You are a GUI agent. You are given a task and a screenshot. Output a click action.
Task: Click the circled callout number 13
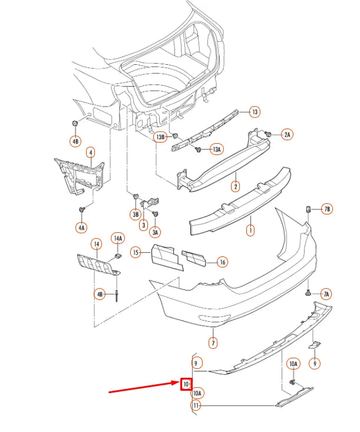point(255,111)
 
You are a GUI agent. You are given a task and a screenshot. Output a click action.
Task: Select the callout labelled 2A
point(287,135)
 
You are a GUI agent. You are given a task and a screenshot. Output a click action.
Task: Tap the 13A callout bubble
point(217,150)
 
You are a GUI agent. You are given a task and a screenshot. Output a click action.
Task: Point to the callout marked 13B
point(160,137)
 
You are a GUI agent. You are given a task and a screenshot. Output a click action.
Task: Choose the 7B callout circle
point(327,209)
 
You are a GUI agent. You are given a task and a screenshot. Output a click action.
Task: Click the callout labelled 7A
point(326,294)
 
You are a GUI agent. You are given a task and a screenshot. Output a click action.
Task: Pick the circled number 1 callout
point(250,229)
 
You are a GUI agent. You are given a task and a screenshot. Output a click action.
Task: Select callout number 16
point(222,262)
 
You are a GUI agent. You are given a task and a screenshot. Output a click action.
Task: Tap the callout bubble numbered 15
point(136,253)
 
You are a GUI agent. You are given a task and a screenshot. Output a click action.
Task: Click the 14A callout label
point(118,238)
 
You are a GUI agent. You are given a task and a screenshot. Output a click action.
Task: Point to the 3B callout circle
point(135,214)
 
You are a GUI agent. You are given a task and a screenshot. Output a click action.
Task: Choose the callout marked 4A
point(81,227)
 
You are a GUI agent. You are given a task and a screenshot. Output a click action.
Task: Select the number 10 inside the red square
point(186,384)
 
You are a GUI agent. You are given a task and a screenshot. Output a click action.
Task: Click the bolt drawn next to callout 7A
point(308,292)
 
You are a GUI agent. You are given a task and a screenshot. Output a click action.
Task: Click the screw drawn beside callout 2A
point(268,134)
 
